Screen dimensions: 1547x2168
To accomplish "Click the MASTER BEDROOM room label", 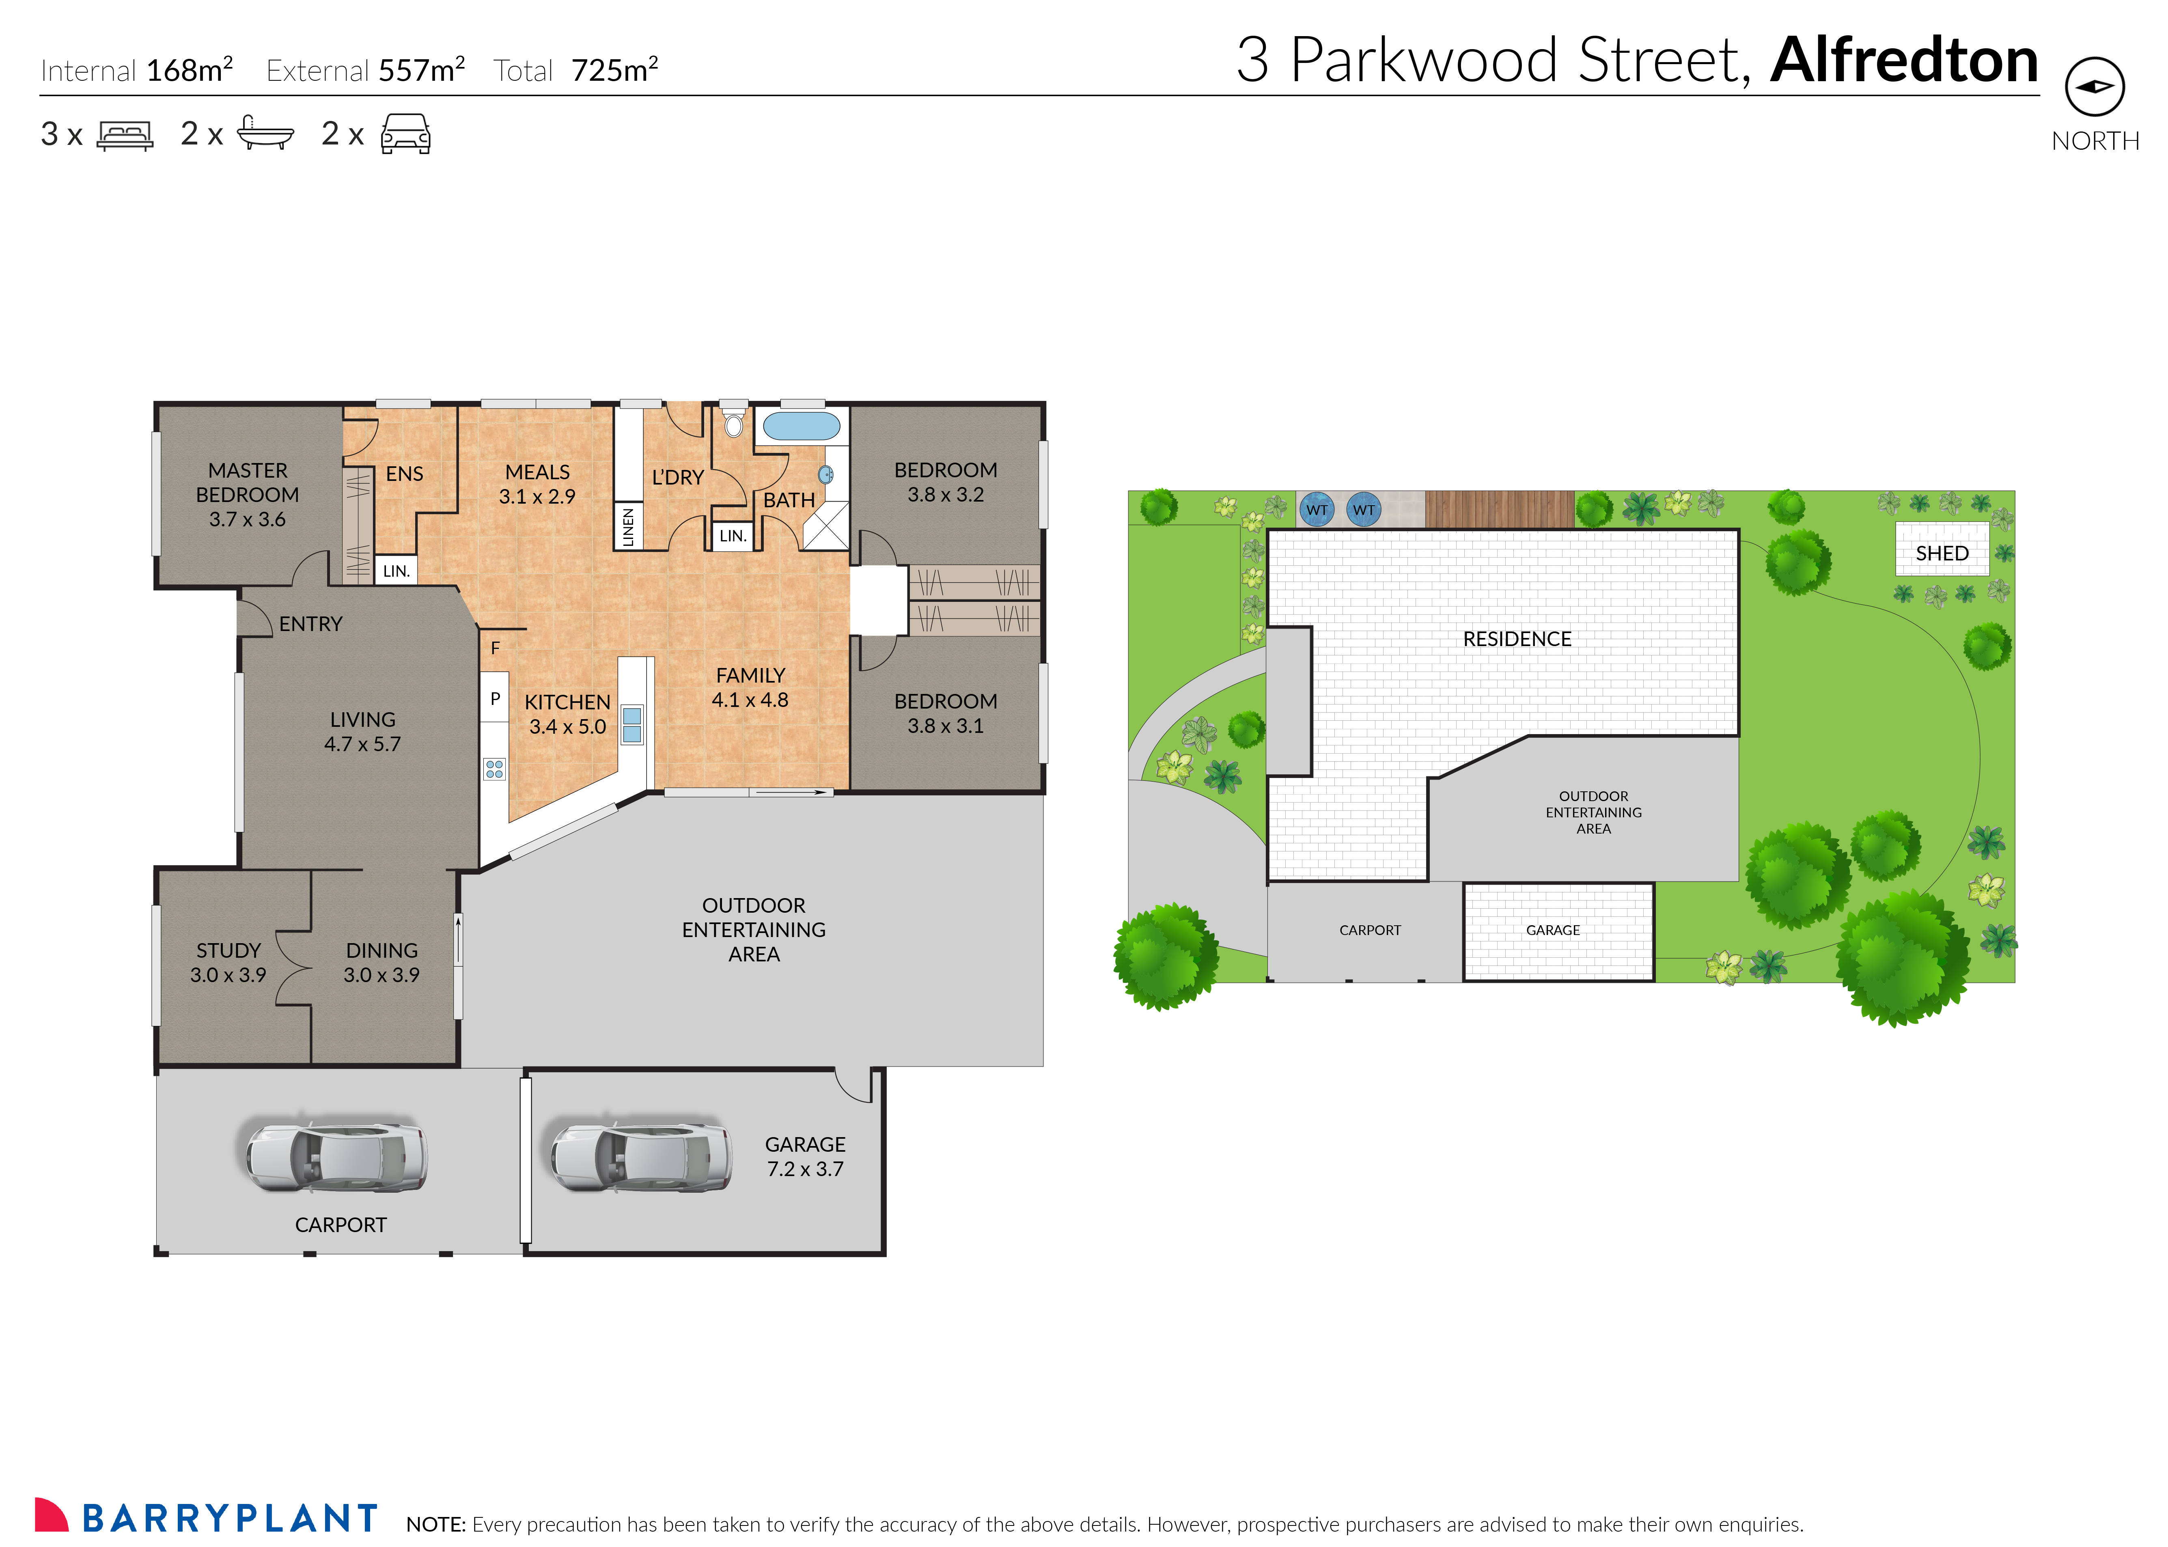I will click(x=248, y=494).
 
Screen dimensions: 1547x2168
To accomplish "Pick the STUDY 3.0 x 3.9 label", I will click(x=228, y=962).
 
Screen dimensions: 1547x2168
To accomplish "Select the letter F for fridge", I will click(x=495, y=648).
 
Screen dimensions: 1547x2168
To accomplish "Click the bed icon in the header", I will click(x=125, y=135).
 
